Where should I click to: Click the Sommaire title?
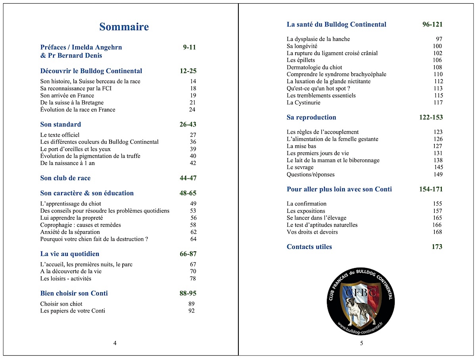(124, 27)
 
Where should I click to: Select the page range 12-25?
(188, 71)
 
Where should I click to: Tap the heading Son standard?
(60, 124)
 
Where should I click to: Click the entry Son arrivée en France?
(67, 96)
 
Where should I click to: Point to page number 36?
(193, 142)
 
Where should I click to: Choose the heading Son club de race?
(65, 178)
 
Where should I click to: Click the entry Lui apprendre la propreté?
(71, 218)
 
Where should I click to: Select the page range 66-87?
(188, 254)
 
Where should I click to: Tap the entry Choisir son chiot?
(61, 304)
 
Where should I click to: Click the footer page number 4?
(115, 343)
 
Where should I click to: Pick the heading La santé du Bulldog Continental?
(336, 25)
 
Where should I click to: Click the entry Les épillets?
(301, 60)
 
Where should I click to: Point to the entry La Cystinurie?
(303, 103)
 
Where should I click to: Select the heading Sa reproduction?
(311, 117)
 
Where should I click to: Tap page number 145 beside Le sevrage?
(438, 167)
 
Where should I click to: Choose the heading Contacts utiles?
(309, 247)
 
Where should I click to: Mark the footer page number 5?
(361, 343)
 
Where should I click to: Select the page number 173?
(437, 247)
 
